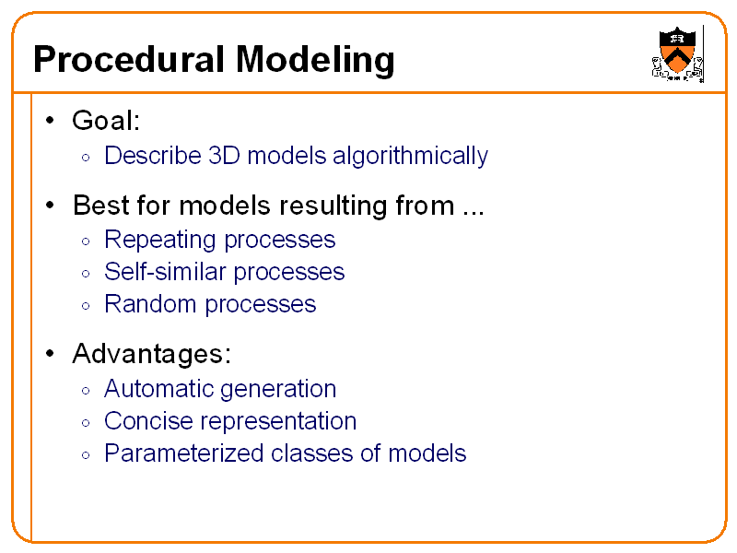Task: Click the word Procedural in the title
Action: point(129,60)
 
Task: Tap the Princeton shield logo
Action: point(677,53)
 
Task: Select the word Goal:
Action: point(105,121)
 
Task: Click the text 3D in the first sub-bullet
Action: point(226,156)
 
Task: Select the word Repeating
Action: point(159,241)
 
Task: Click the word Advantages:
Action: point(151,354)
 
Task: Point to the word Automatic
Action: point(158,389)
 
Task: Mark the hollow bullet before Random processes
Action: point(85,306)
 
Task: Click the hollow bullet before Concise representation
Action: point(85,423)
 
